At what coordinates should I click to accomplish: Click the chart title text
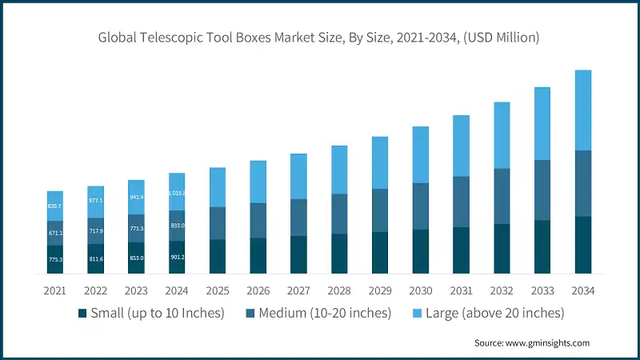(320, 37)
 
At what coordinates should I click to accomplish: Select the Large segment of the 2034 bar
(583, 110)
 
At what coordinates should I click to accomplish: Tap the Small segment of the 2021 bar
(54, 259)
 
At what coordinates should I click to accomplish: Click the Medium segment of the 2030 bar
(421, 206)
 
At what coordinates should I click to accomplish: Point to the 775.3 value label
(54, 260)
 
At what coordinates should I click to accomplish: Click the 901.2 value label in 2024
(177, 258)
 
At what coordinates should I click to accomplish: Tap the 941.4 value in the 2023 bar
(136, 196)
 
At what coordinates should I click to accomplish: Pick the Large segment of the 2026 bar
(258, 182)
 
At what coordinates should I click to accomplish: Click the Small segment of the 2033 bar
(542, 246)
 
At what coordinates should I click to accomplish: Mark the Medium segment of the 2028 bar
(339, 214)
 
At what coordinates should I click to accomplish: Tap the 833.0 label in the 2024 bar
(177, 226)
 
